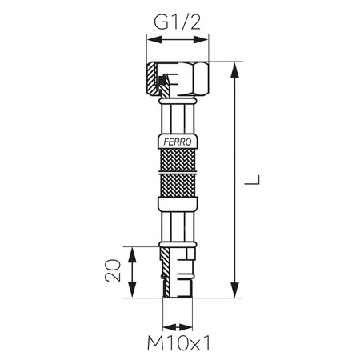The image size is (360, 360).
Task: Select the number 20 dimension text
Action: pyautogui.click(x=114, y=270)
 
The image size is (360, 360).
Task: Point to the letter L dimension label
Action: pyautogui.click(x=253, y=182)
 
